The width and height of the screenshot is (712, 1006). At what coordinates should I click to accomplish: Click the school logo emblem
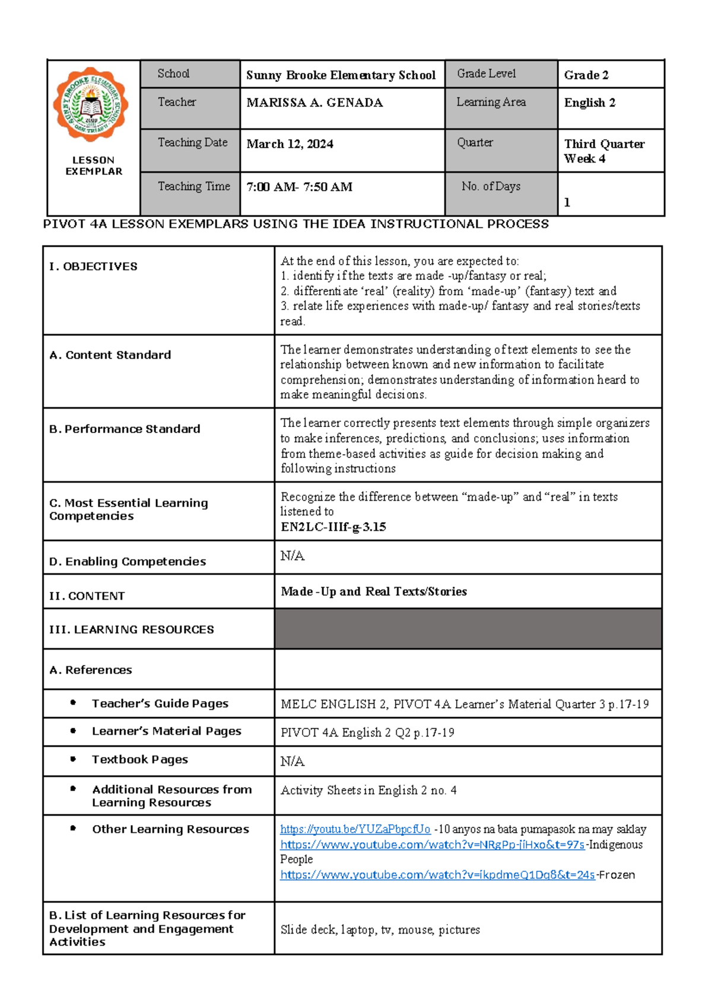click(x=91, y=104)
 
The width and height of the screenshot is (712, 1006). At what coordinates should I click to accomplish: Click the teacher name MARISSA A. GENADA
click(x=314, y=103)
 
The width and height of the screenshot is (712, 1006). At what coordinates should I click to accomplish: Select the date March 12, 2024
click(x=290, y=144)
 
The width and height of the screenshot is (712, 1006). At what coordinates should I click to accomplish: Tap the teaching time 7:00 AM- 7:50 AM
click(x=299, y=187)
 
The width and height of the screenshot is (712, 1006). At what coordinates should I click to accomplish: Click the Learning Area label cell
click(x=491, y=102)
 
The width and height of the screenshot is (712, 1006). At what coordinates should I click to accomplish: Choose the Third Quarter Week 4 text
click(x=603, y=151)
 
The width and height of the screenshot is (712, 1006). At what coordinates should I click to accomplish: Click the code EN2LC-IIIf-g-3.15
click(x=333, y=527)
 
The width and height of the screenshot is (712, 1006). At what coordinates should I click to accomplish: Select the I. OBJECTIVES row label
click(x=93, y=267)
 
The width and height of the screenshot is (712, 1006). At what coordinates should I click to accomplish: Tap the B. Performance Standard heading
click(x=125, y=429)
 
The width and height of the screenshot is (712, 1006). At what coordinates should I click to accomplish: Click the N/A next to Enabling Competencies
click(x=293, y=556)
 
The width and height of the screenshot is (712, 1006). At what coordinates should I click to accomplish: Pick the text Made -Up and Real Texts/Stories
click(x=374, y=591)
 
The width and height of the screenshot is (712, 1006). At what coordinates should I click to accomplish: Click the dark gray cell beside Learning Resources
click(x=468, y=629)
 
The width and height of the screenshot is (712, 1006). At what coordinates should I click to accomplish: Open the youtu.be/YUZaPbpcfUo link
click(x=355, y=829)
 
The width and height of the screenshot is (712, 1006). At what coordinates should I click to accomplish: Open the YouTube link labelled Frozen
click(x=437, y=875)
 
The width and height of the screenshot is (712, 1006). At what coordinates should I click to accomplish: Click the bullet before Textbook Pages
click(x=73, y=759)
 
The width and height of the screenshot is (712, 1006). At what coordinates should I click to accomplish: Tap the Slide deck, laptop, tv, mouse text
click(x=380, y=929)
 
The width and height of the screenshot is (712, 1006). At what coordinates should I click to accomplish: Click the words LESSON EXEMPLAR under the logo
click(x=94, y=165)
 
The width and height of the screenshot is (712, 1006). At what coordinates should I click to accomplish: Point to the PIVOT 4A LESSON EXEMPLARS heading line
click(x=295, y=224)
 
